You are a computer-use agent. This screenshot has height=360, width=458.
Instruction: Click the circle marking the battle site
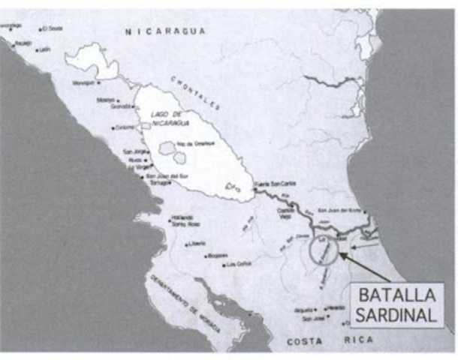click(x=324, y=249)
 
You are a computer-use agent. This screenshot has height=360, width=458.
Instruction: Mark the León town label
click(x=44, y=49)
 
